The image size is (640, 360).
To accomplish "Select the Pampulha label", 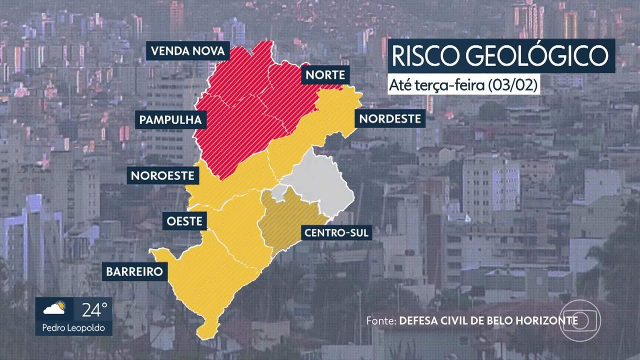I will tap(170, 120).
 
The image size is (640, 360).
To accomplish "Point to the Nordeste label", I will tap(390, 119).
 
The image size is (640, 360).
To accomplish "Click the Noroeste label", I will tap(163, 175).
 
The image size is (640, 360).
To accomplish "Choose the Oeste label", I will tap(185, 220).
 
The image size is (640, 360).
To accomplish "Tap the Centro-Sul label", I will tap(336, 232).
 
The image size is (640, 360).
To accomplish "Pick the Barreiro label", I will tap(134, 271).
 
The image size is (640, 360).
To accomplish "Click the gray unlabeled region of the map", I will tap(320, 180).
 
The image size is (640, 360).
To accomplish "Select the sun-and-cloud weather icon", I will tap(54, 309).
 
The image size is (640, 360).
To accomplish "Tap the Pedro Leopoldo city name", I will tap(73, 329).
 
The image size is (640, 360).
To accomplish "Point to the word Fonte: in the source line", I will tap(381, 320).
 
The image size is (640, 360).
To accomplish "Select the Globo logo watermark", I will tap(579, 320).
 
